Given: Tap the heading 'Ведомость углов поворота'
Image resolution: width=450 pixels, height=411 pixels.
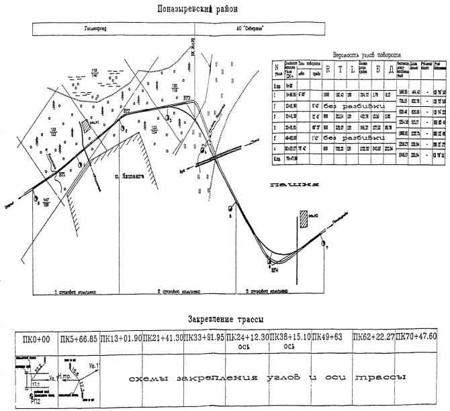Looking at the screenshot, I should [x=367, y=54].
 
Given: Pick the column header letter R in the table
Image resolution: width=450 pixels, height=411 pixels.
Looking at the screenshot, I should [x=328, y=69].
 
